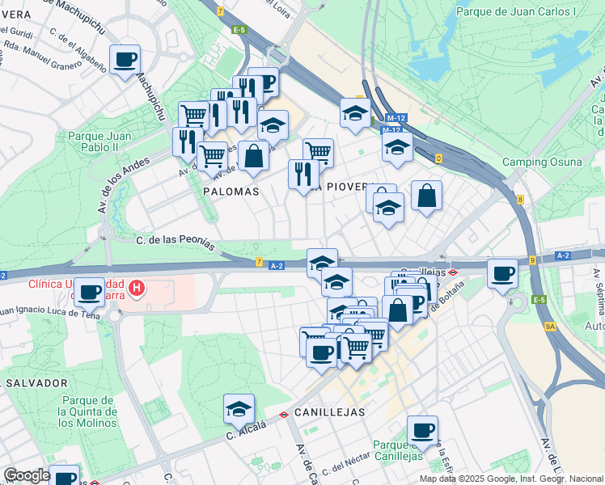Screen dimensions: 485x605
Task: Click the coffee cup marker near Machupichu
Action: click(x=125, y=60)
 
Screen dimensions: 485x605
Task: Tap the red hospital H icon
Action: click(x=137, y=287)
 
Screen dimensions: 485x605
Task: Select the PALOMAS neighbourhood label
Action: click(x=231, y=192)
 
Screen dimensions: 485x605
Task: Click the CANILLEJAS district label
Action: click(x=329, y=411)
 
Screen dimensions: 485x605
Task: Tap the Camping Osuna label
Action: click(x=542, y=162)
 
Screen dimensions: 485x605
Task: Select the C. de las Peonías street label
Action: click(x=176, y=241)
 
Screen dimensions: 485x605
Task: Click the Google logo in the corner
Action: click(x=26, y=475)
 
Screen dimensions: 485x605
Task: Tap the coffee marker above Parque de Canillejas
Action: click(x=421, y=429)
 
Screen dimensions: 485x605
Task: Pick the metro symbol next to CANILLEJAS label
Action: click(x=285, y=414)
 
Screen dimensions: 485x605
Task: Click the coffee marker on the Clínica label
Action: click(x=90, y=291)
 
